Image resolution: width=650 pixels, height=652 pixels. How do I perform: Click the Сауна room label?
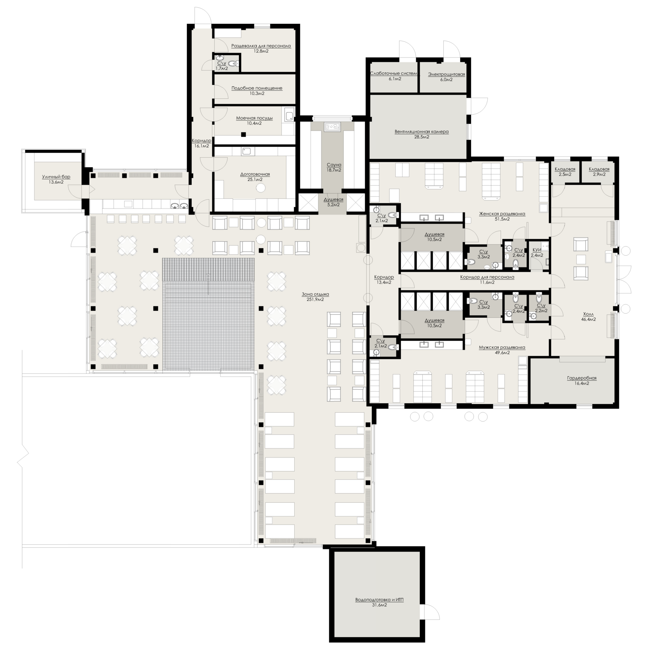(x=334, y=165)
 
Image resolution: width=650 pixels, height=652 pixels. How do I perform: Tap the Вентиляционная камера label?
(x=422, y=131)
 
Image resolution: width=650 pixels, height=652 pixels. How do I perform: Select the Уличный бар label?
(x=56, y=176)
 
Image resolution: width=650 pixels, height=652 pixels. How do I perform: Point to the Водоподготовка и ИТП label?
(x=380, y=600)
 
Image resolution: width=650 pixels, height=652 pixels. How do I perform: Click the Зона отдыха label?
(x=315, y=294)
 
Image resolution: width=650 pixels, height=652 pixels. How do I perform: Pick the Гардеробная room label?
(x=582, y=378)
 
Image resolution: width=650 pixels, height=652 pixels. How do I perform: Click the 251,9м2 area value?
(x=315, y=299)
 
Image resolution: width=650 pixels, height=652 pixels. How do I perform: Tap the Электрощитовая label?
(x=446, y=74)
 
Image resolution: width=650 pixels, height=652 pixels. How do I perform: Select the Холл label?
(x=589, y=314)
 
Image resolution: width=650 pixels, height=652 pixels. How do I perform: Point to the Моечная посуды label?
(x=254, y=118)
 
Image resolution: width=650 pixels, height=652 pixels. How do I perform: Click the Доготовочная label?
(x=255, y=174)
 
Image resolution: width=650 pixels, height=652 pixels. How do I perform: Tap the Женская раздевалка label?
(x=502, y=214)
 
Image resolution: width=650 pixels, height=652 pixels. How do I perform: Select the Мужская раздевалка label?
(x=502, y=347)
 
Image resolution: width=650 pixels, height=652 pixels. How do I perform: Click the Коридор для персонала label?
(x=487, y=277)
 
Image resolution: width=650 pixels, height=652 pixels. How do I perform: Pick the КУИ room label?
(x=537, y=250)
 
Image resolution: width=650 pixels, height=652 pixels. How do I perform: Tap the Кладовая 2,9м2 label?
(x=599, y=169)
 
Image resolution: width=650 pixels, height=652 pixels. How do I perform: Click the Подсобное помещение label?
(x=257, y=88)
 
